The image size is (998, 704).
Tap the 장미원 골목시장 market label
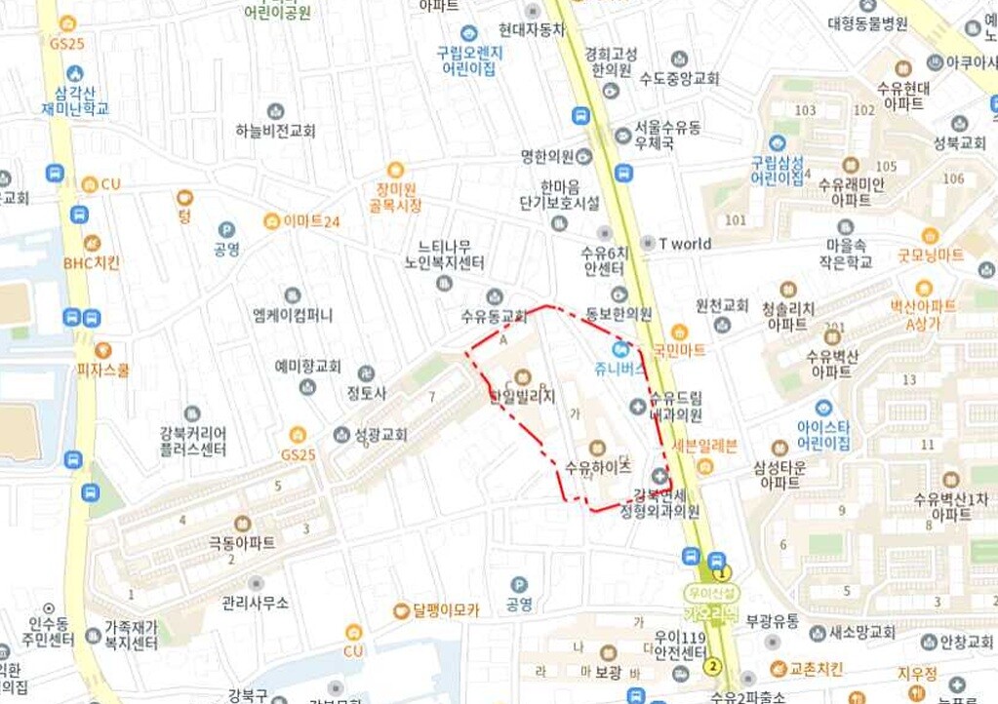click(395, 197)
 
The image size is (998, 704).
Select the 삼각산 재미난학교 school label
click(75, 99)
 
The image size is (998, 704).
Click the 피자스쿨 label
click(102, 370)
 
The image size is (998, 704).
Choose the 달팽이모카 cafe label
click(446, 610)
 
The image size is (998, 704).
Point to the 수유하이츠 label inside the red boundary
click(598, 468)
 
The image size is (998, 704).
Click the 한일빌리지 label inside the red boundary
click(522, 397)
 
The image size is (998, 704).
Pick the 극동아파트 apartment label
click(242, 542)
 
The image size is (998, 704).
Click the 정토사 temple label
click(367, 394)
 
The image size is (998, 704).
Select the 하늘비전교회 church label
click(276, 132)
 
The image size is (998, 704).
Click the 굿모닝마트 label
click(931, 254)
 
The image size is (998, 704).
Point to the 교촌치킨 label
click(815, 669)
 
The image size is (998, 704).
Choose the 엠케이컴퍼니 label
click(292, 315)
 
